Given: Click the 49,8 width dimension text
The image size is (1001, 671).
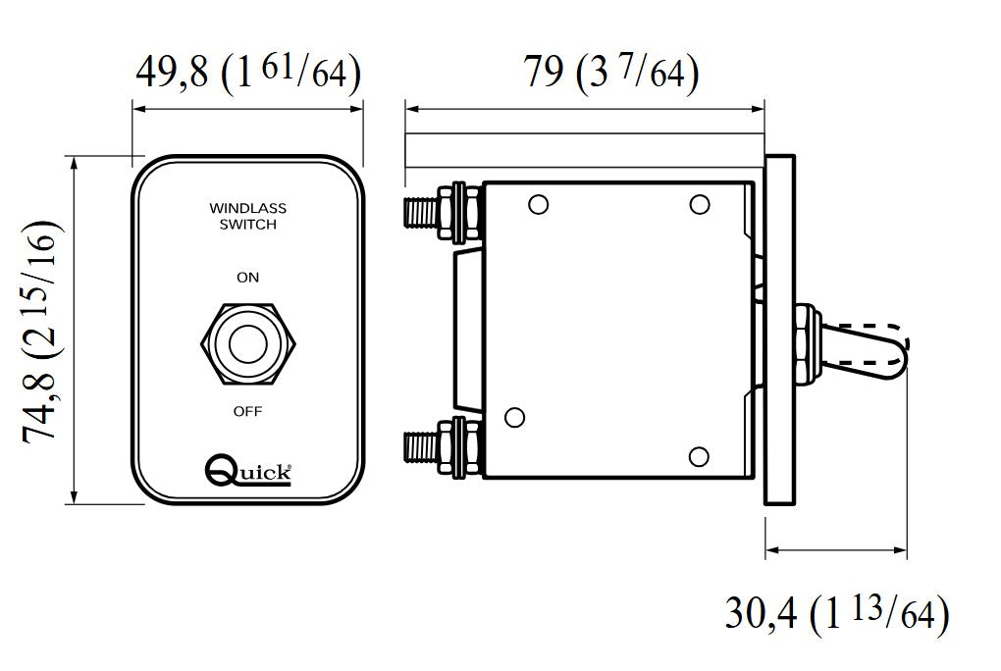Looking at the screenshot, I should pyautogui.click(x=247, y=73).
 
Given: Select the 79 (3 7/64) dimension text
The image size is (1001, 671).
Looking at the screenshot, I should pyautogui.click(x=610, y=73).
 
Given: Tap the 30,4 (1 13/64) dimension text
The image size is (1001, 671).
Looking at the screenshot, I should pyautogui.click(x=836, y=616).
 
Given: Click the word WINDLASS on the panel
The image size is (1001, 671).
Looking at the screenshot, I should pyautogui.click(x=247, y=209).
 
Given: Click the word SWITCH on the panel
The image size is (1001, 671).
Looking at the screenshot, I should pyautogui.click(x=247, y=225).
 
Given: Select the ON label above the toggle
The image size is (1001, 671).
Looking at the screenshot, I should pyautogui.click(x=247, y=278).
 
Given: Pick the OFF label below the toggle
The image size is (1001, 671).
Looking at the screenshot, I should pyautogui.click(x=247, y=411).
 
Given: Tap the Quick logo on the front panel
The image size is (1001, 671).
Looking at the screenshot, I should pyautogui.click(x=248, y=471).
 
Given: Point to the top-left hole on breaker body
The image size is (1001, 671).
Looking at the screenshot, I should pyautogui.click(x=536, y=205).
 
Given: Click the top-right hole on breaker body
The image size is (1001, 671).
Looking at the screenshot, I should pyautogui.click(x=699, y=204).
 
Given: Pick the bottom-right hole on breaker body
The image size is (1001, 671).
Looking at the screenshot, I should pyautogui.click(x=699, y=456).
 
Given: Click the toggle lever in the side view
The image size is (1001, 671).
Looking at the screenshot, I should pyautogui.click(x=864, y=350).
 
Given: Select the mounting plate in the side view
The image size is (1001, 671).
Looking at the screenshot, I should pyautogui.click(x=780, y=331).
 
